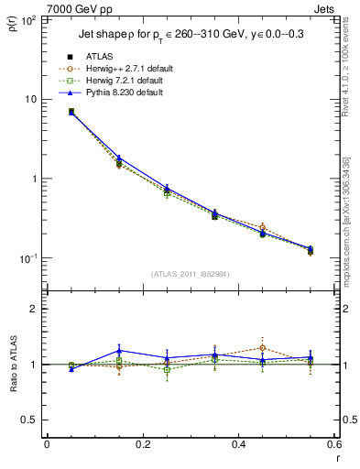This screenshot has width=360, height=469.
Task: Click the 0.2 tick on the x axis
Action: tap(142, 444)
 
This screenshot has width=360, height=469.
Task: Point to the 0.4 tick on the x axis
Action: tap(238, 444)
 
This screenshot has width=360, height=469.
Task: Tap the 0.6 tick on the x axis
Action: tap(333, 444)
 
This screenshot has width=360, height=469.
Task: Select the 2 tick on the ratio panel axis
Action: tap(34, 309)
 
